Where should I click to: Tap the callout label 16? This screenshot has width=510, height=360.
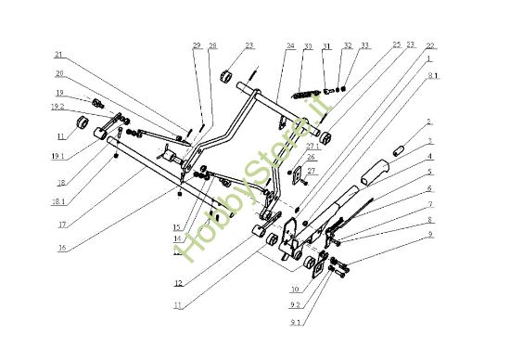coord(61,247)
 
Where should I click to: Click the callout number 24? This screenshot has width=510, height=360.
coord(290,45)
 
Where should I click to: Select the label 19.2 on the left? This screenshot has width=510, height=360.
coord(57,107)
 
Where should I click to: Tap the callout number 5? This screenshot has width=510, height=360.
coord(428,172)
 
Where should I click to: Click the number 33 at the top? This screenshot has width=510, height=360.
coord(364,45)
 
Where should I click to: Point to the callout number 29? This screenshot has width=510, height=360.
coord(197,45)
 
